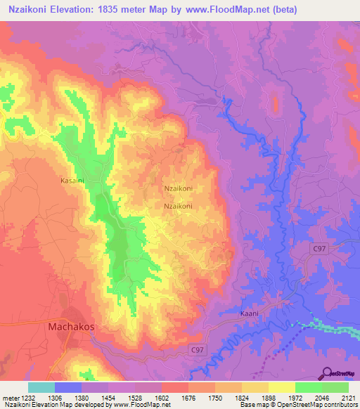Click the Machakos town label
(x=71, y=326)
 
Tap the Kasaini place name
(x=72, y=180)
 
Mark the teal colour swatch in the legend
(x=41, y=387)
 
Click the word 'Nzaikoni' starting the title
(x=31, y=10)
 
